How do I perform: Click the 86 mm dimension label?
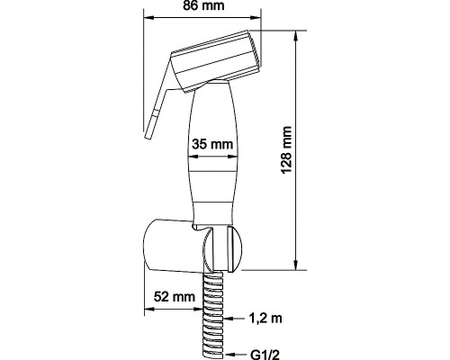[203, 6]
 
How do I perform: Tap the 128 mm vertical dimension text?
[287, 149]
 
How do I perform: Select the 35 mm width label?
[212, 144]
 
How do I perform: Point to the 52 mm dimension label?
[175, 297]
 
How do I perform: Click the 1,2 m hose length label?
[265, 318]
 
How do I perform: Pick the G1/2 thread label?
[265, 355]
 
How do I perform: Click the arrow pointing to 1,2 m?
[235, 319]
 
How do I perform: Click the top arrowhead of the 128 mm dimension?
[296, 36]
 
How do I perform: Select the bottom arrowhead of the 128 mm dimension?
[296, 265]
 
